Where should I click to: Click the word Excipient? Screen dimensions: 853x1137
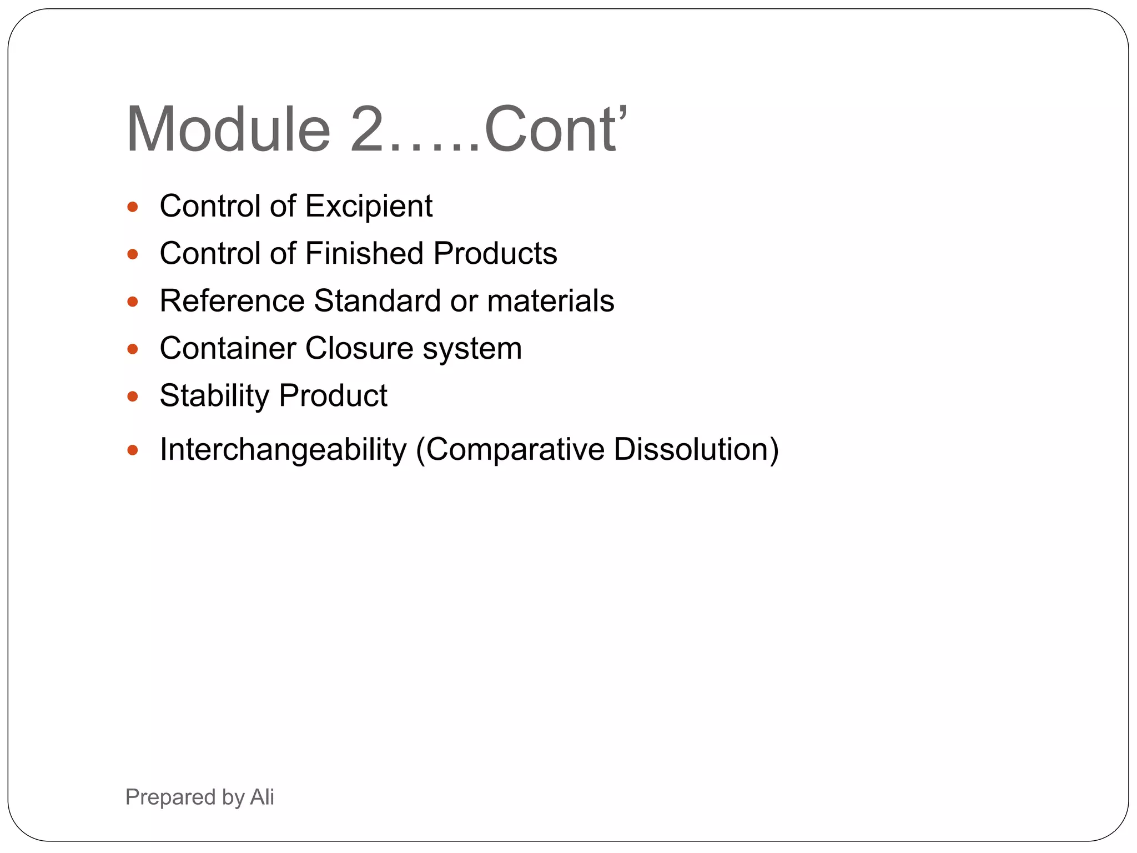click(369, 207)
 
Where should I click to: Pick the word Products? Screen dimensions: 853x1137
click(495, 254)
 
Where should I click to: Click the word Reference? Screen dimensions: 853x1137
click(232, 301)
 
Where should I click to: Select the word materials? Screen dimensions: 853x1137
click(551, 301)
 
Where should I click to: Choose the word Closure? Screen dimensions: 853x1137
click(359, 349)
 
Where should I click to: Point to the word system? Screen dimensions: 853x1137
click(472, 349)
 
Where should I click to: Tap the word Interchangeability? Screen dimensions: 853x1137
click(283, 449)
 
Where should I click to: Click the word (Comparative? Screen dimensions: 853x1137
click(510, 449)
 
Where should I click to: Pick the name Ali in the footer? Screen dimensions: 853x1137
click(262, 797)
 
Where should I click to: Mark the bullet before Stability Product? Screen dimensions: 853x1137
click(132, 397)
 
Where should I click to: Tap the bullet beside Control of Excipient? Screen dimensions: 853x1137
click(132, 207)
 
